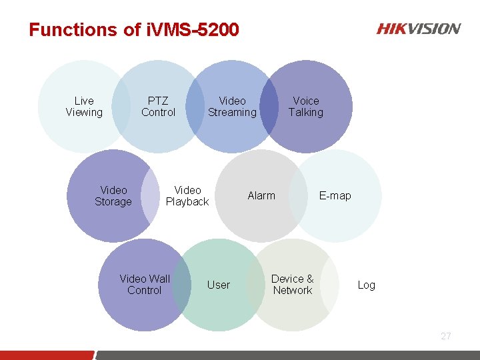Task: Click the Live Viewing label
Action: [x=84, y=107]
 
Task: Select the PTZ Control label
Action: [x=158, y=107]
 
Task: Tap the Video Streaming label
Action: [x=232, y=107]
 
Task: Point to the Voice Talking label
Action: [x=306, y=107]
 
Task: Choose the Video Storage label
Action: [x=113, y=196]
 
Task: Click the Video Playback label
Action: [x=187, y=196]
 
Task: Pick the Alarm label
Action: [x=261, y=195]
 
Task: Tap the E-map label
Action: [x=335, y=195]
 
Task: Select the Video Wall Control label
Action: [x=145, y=285]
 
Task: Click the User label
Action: [x=219, y=285]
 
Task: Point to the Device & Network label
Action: [x=292, y=285]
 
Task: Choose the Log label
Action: [x=367, y=285]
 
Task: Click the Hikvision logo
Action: [x=419, y=29]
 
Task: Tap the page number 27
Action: [x=446, y=336]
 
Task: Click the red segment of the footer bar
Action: [x=47, y=355]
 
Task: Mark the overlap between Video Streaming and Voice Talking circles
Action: [x=269, y=107]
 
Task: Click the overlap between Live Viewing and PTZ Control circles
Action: [x=121, y=107]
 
